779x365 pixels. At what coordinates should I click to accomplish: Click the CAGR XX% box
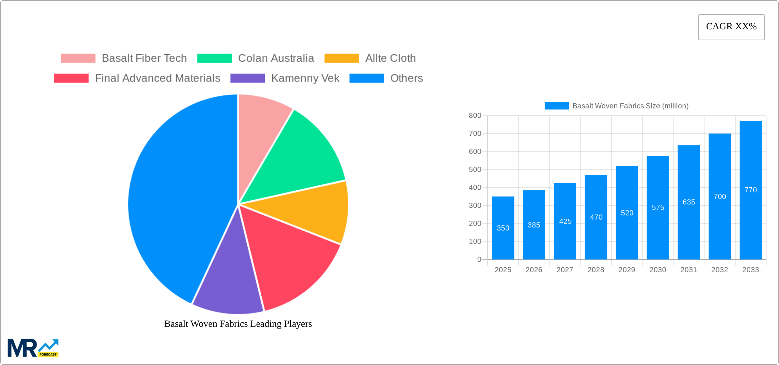[x=731, y=27]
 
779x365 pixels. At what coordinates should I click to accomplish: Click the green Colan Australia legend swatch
[x=214, y=58]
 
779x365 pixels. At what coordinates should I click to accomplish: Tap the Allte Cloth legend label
[x=390, y=58]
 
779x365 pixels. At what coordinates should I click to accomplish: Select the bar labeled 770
[x=751, y=190]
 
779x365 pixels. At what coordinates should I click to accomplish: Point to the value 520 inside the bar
[x=627, y=213]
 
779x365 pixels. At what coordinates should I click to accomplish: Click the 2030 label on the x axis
[x=658, y=270]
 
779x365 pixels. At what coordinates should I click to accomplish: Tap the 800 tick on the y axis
[x=475, y=116]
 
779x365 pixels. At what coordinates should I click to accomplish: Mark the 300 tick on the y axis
[x=475, y=205]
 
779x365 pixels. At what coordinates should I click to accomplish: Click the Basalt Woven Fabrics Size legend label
[x=630, y=106]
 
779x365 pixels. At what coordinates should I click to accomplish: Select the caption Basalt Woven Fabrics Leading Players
[x=238, y=324]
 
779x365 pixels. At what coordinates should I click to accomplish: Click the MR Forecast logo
[x=33, y=348]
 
